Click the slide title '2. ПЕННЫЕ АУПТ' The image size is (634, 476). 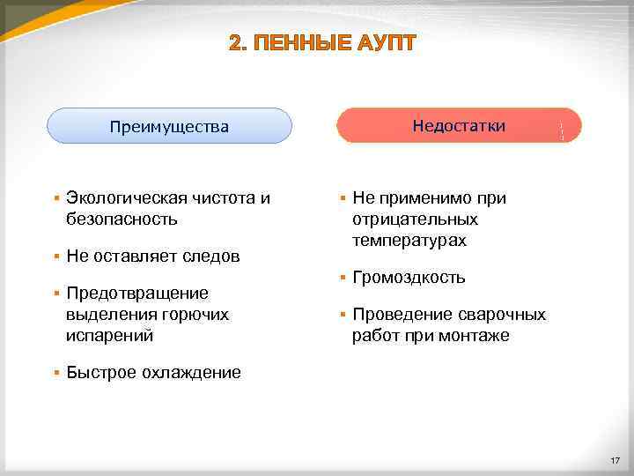click(x=321, y=43)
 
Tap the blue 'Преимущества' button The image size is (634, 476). click(x=169, y=126)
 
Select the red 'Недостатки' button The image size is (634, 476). click(x=459, y=125)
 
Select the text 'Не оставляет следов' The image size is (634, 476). click(x=152, y=256)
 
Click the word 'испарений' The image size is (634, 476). click(x=109, y=335)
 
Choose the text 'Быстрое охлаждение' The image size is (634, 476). click(x=152, y=372)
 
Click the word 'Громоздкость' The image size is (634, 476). click(x=409, y=277)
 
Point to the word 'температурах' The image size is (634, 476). click(x=409, y=240)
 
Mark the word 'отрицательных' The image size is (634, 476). click(x=415, y=219)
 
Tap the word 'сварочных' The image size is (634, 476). click(x=503, y=315)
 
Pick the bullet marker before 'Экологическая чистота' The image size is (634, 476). click(x=55, y=198)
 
